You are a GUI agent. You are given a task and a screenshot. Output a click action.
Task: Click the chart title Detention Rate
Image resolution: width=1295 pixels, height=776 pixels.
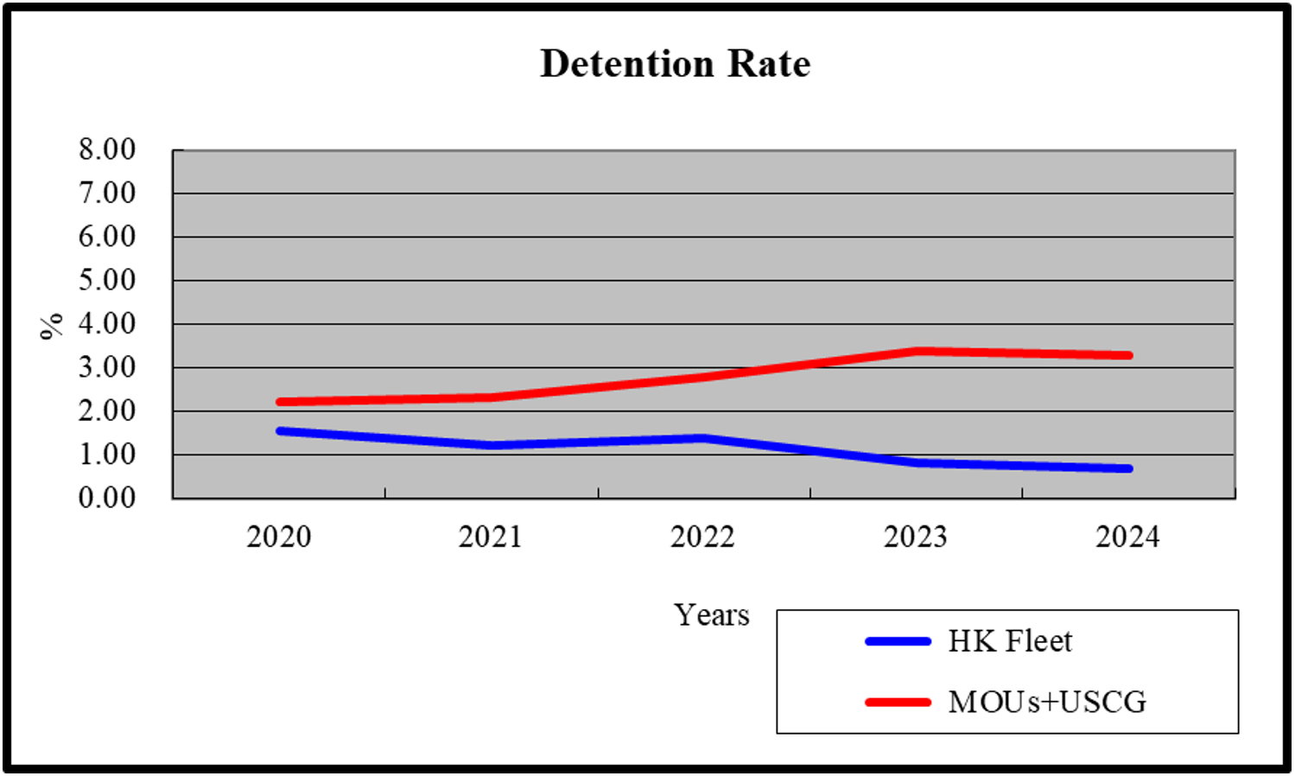tap(675, 64)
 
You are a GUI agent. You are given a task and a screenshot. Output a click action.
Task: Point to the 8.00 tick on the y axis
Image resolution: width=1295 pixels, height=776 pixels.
tap(107, 149)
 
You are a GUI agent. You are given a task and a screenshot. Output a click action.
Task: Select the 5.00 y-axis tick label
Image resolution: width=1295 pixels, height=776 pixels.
tap(107, 280)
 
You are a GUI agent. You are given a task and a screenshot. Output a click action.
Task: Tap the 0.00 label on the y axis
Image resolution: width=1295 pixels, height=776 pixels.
tap(107, 498)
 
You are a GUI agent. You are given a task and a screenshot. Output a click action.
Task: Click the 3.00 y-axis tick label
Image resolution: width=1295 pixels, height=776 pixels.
tap(107, 367)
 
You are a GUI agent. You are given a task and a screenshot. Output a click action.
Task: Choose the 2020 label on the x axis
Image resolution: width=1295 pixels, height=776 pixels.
tap(278, 537)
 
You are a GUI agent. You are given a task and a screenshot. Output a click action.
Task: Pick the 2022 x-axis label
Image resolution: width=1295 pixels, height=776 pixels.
tap(702, 537)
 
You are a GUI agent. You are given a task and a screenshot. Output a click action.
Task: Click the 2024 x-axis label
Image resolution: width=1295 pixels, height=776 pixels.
tap(1127, 537)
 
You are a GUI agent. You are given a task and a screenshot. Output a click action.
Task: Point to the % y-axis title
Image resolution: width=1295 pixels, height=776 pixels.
tap(52, 325)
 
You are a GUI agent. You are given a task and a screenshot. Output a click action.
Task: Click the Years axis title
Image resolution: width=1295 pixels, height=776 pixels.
tap(712, 615)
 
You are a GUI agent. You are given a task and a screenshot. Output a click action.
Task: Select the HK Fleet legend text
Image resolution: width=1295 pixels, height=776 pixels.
tap(1010, 641)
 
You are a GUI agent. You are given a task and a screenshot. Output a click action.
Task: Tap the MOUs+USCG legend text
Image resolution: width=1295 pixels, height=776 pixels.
tap(1047, 702)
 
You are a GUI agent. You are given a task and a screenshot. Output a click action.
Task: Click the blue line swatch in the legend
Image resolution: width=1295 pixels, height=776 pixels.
tap(898, 641)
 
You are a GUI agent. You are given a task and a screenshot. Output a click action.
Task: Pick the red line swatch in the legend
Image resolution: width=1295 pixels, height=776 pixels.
tap(898, 702)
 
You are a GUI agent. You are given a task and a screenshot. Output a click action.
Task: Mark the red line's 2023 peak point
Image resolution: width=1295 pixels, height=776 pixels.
tap(916, 351)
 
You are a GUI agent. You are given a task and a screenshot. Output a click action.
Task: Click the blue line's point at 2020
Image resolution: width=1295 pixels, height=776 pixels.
tap(280, 430)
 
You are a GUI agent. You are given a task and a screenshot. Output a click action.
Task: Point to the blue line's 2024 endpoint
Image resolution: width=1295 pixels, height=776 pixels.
tap(1127, 468)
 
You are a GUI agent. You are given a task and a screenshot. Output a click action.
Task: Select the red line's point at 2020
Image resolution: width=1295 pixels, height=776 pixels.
tap(280, 402)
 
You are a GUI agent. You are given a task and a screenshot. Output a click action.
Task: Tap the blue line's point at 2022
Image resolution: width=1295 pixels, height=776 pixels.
tap(703, 438)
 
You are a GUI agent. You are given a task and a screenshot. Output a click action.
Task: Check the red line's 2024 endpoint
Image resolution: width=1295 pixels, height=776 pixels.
tap(1127, 355)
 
